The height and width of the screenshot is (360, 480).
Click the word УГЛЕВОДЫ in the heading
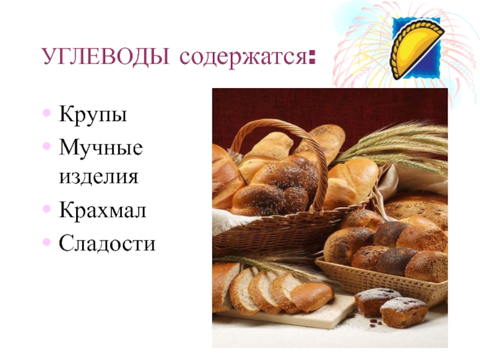coord(106,56)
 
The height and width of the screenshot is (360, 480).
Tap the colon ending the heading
coord(312,57)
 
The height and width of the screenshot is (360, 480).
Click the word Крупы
coord(93,115)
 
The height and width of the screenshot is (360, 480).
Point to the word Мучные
coord(101,148)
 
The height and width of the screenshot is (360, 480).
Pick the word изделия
coord(98,176)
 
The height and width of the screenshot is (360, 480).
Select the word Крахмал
coord(103,209)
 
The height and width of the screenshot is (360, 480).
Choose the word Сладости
coord(107,243)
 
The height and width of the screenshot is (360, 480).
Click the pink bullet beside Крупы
coord(47,113)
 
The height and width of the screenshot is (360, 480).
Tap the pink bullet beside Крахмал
coord(47,209)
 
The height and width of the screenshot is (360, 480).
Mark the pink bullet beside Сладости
coord(47,242)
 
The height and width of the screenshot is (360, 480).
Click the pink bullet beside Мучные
coord(47,146)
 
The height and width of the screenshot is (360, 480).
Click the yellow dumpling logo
coord(416,48)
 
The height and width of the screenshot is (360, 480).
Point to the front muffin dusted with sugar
coord(403,313)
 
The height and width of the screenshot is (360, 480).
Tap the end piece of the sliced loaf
coord(311,296)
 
